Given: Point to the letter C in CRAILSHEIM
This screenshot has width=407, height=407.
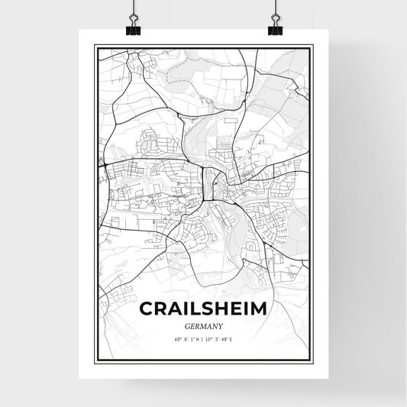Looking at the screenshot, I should (x=147, y=308).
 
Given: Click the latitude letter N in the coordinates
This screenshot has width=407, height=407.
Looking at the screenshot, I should (x=198, y=338).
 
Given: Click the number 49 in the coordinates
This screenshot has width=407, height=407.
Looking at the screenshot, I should (x=176, y=338).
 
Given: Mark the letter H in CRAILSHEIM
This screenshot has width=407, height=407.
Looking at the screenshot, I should (x=219, y=308).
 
